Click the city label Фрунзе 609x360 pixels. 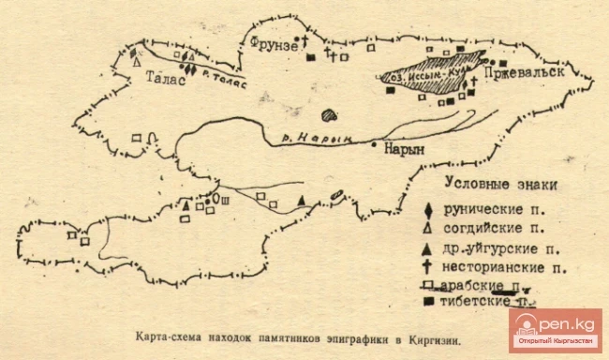coord(275,43)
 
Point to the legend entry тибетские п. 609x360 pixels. coord(497,301)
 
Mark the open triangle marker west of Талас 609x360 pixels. coord(138,64)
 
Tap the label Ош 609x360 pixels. coord(225,200)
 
